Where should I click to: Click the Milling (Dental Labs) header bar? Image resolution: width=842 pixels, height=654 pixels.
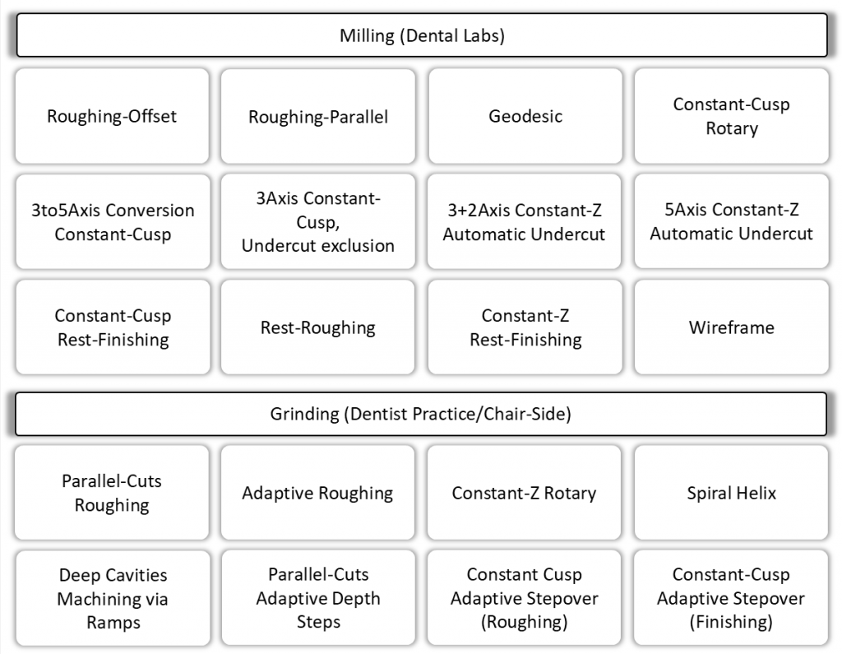(x=421, y=35)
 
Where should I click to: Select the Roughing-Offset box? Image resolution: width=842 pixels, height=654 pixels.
(x=112, y=116)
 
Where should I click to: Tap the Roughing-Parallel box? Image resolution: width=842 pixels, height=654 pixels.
(x=318, y=116)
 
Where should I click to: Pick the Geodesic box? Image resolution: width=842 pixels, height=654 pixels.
(x=525, y=116)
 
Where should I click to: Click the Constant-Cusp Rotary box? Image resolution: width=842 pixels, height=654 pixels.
(x=731, y=116)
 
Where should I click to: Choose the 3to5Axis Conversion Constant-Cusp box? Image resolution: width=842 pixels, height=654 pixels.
(x=112, y=222)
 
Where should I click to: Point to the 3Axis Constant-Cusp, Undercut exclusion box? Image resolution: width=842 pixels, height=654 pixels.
(x=318, y=222)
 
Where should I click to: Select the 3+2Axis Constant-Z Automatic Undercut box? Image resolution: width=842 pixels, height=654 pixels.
(x=525, y=222)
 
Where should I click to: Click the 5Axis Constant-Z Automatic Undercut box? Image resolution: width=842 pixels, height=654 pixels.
(x=731, y=222)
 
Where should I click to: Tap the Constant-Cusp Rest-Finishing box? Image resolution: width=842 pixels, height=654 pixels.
(x=112, y=327)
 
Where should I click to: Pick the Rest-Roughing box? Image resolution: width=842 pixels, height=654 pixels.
(x=318, y=327)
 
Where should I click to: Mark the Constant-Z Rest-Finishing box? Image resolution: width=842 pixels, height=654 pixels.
(x=525, y=327)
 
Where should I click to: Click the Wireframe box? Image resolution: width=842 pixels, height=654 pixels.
(x=731, y=327)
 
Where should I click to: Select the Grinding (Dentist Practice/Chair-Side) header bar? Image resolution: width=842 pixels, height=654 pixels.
(x=421, y=414)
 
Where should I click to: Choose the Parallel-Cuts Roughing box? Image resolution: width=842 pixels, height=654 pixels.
(x=112, y=493)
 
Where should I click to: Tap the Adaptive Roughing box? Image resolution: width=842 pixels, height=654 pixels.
(x=318, y=493)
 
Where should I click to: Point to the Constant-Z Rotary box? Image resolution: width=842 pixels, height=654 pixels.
(x=525, y=493)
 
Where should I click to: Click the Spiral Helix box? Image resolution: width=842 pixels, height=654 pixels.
(x=731, y=493)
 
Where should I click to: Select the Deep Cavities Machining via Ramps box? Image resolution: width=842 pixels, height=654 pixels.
(x=112, y=599)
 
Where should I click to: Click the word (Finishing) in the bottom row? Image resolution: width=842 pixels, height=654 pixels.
(x=731, y=622)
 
